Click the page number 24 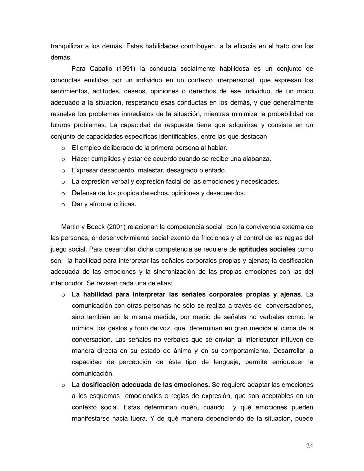[x=309, y=446]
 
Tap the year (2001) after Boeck [x=116, y=227]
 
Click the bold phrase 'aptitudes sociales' [x=267, y=249]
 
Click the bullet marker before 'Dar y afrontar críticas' [x=63, y=204]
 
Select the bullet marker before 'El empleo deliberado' [x=63, y=148]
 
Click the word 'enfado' [x=215, y=170]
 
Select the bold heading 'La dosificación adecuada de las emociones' [x=141, y=385]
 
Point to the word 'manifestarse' [x=90, y=419]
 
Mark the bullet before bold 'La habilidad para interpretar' [x=63, y=295]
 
